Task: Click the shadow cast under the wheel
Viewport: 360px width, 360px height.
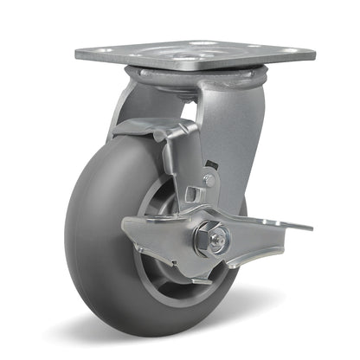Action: [173, 333]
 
